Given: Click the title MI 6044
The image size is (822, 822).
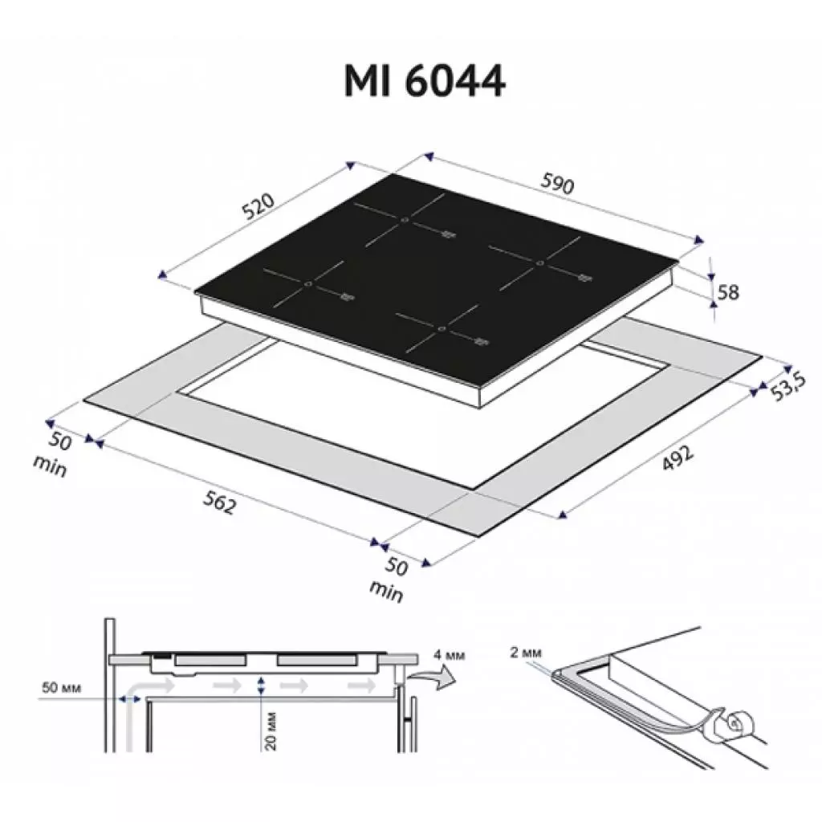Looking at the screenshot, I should [x=425, y=80].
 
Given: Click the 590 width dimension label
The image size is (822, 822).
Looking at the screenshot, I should [x=558, y=185].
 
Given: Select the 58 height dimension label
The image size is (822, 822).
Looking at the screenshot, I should [x=728, y=292].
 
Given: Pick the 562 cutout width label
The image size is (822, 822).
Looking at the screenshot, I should [x=218, y=504].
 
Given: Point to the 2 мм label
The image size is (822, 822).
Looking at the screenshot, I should [x=525, y=653].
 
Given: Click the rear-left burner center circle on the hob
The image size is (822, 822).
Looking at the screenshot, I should [x=405, y=219].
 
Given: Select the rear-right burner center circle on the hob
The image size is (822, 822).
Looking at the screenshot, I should [x=540, y=263].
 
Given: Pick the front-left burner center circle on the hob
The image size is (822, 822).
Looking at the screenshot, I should [x=308, y=284].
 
